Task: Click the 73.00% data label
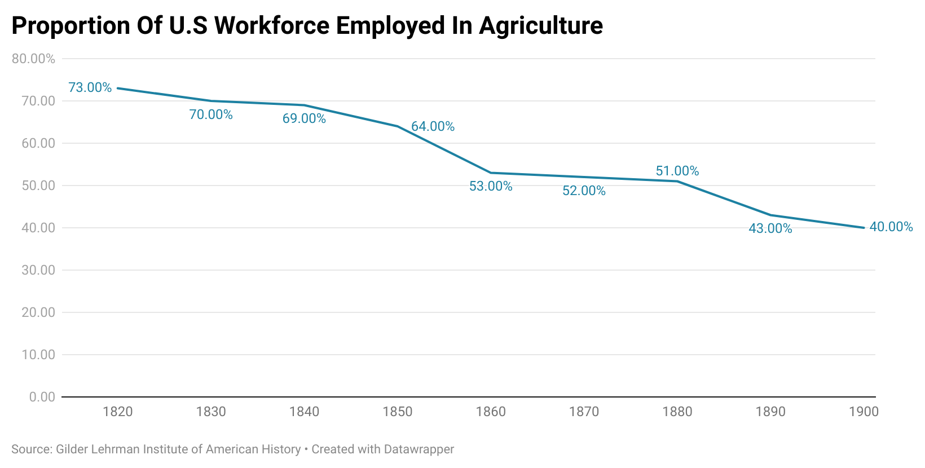(90, 87)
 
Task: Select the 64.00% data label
(433, 126)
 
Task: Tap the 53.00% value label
(491, 186)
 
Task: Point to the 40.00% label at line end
(891, 227)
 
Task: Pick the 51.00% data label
(677, 171)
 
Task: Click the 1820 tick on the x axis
(118, 412)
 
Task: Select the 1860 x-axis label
(491, 412)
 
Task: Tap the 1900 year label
(864, 412)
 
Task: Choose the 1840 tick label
(304, 412)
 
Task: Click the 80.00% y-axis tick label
(33, 59)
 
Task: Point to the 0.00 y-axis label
(42, 397)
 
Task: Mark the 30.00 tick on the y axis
(38, 270)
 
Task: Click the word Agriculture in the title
(541, 26)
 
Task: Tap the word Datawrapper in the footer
(419, 449)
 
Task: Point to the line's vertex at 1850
(398, 126)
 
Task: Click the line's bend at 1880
(677, 181)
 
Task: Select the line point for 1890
(770, 215)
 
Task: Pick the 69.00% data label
(304, 118)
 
